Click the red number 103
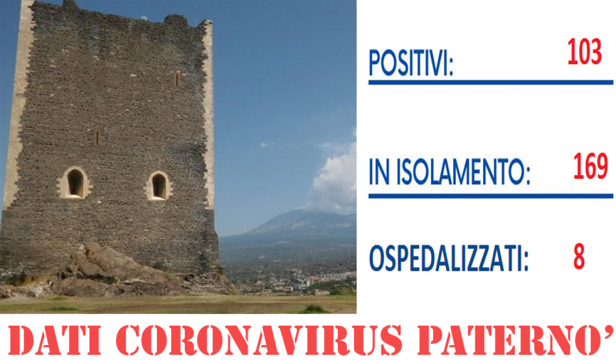pyautogui.click(x=584, y=53)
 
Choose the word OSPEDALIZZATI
pyautogui.click(x=449, y=260)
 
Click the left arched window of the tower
pyautogui.click(x=75, y=183)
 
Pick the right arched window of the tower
pyautogui.click(x=159, y=186)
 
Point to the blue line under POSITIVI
pyautogui.click(x=490, y=82)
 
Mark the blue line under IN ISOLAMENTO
pyautogui.click(x=490, y=196)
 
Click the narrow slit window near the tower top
pyautogui.click(x=177, y=79)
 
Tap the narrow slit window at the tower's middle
pyautogui.click(x=96, y=137)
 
